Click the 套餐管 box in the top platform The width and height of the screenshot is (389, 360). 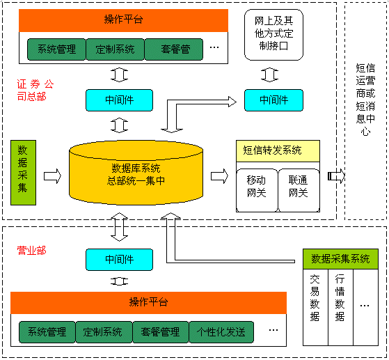click(x=174, y=49)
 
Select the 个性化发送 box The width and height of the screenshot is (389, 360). click(x=221, y=332)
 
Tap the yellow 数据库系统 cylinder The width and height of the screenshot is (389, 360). click(x=136, y=173)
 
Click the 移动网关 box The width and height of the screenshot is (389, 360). click(x=257, y=190)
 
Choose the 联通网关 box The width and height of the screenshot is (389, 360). click(x=299, y=190)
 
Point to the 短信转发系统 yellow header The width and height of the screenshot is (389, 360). click(x=278, y=151)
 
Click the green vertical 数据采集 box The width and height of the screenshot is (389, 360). click(x=24, y=173)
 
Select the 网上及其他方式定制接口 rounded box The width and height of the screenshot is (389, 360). click(x=273, y=35)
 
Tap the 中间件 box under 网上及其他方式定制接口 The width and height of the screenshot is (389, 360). click(x=273, y=100)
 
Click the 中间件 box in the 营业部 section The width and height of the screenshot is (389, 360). click(x=119, y=260)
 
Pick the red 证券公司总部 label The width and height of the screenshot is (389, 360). click(x=35, y=90)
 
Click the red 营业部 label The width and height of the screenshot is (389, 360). click(x=31, y=251)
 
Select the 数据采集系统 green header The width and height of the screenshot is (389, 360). click(x=340, y=259)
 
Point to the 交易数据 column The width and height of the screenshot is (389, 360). click(x=315, y=307)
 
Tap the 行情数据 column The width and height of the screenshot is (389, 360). click(x=340, y=307)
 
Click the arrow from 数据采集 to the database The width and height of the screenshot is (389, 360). click(x=52, y=176)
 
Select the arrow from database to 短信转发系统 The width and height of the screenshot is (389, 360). click(x=219, y=176)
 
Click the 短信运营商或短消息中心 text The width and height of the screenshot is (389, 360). click(x=365, y=100)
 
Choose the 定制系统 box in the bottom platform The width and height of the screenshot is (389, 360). click(x=104, y=332)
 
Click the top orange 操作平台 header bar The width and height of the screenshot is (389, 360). click(x=124, y=20)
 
